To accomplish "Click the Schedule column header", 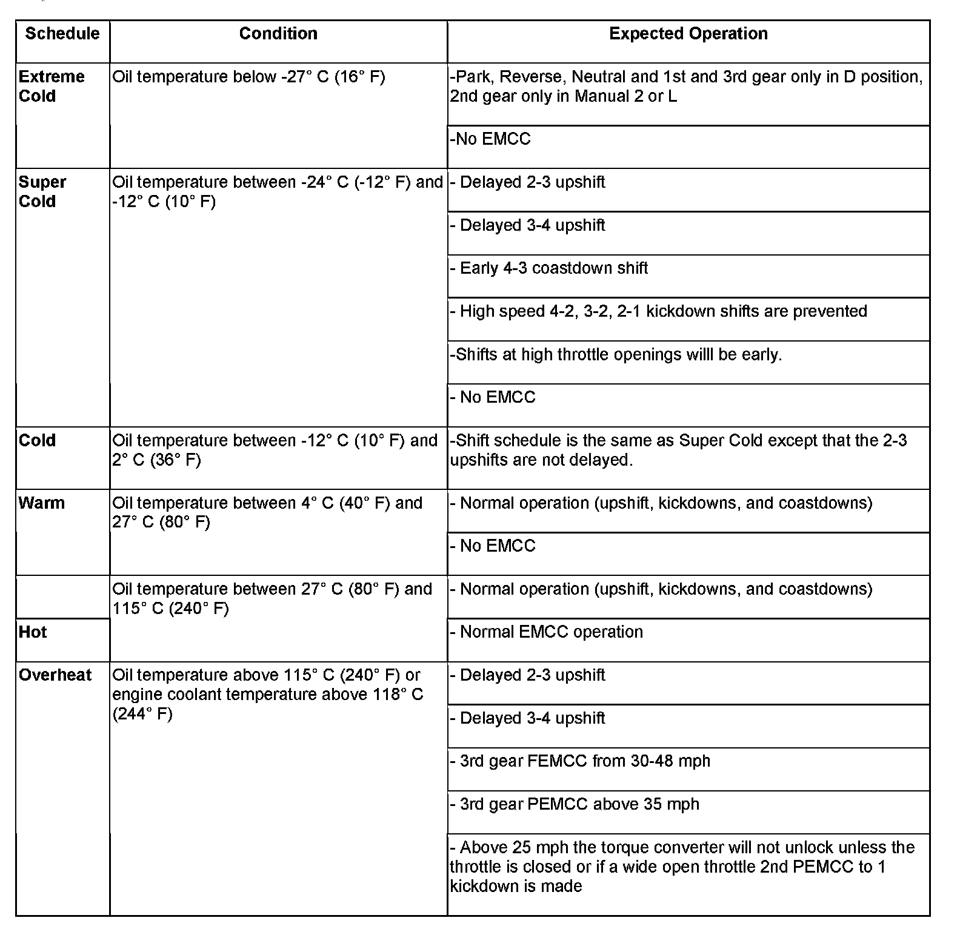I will [x=62, y=33].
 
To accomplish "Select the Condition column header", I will [x=278, y=33].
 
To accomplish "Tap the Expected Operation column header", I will [x=688, y=33].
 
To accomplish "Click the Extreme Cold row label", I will [x=52, y=87].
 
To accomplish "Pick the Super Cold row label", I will [x=42, y=192].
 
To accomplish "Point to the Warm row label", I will [x=41, y=503].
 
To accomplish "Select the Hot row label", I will [x=33, y=632].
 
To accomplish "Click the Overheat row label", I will [x=55, y=675].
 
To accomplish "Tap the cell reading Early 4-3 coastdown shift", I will [x=553, y=268].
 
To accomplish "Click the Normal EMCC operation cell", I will [x=551, y=632].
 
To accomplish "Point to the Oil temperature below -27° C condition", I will [x=248, y=78].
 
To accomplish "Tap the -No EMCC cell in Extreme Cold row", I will [x=490, y=139].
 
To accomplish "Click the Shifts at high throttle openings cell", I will [x=616, y=354].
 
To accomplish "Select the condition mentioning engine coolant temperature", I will [x=267, y=694].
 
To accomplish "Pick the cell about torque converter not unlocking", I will [x=682, y=867].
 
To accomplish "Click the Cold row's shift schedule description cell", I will [x=678, y=450].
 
